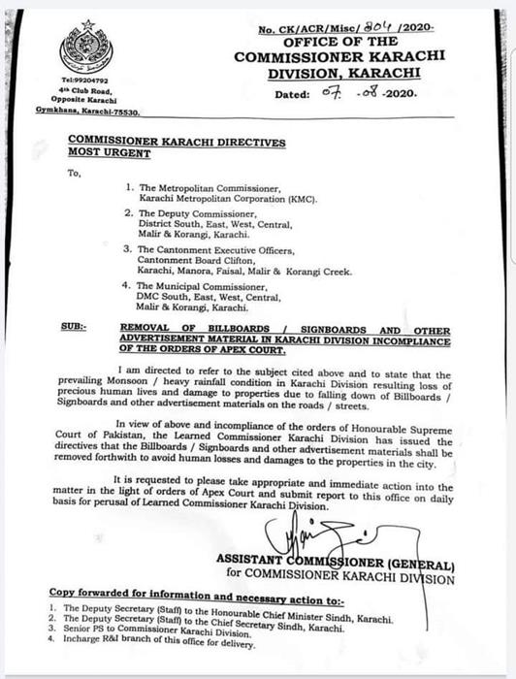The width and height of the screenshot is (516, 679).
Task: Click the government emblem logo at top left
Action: pos(86,48)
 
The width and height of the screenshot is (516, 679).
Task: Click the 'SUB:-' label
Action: pos(71,330)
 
